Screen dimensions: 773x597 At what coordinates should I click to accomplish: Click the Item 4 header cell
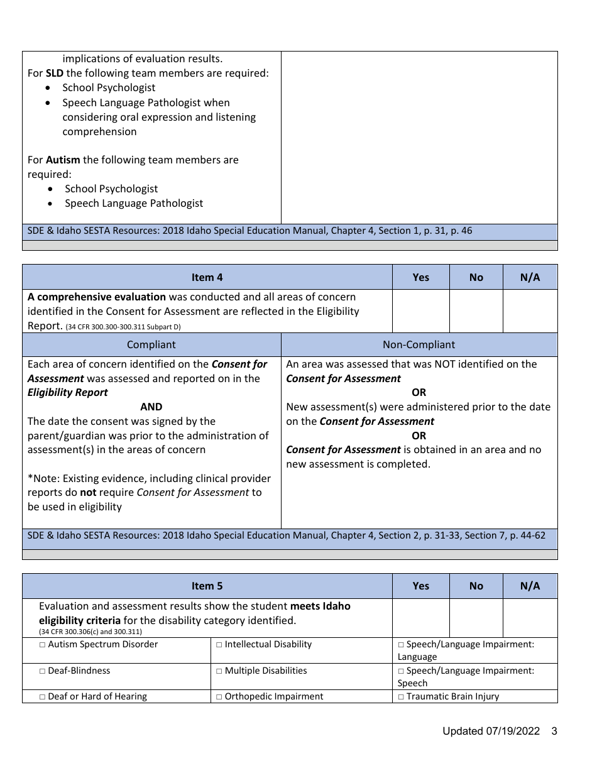pyautogui.click(x=207, y=277)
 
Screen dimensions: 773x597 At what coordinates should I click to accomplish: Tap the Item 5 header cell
pyautogui.click(x=207, y=586)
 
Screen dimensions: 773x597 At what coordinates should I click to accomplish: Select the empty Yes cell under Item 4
pyautogui.click(x=420, y=310)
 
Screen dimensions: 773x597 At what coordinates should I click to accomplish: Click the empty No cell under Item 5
pyautogui.click(x=476, y=618)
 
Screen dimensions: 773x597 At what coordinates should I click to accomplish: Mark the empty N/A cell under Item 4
pyautogui.click(x=530, y=310)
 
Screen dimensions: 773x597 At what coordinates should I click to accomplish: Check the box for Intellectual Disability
pyautogui.click(x=219, y=645)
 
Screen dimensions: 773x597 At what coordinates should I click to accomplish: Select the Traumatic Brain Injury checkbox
pyautogui.click(x=401, y=697)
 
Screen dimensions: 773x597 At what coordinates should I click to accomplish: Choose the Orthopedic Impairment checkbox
pyautogui.click(x=219, y=697)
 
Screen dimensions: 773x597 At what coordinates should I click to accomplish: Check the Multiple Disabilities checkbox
pyautogui.click(x=219, y=671)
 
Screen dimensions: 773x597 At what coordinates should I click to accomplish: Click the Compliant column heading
pyautogui.click(x=151, y=344)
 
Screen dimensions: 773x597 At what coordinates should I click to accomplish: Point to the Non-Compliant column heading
pyautogui.click(x=419, y=344)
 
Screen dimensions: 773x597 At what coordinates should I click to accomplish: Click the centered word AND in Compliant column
pyautogui.click(x=151, y=407)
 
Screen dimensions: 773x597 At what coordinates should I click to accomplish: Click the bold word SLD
pyautogui.click(x=55, y=73)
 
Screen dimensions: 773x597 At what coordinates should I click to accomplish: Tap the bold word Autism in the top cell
pyautogui.click(x=63, y=160)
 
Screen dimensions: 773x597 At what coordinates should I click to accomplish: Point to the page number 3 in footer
pyautogui.click(x=554, y=731)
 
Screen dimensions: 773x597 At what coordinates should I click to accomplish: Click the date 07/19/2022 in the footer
pyautogui.click(x=512, y=731)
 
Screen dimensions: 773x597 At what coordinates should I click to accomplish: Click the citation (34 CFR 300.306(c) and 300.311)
pyautogui.click(x=90, y=632)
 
